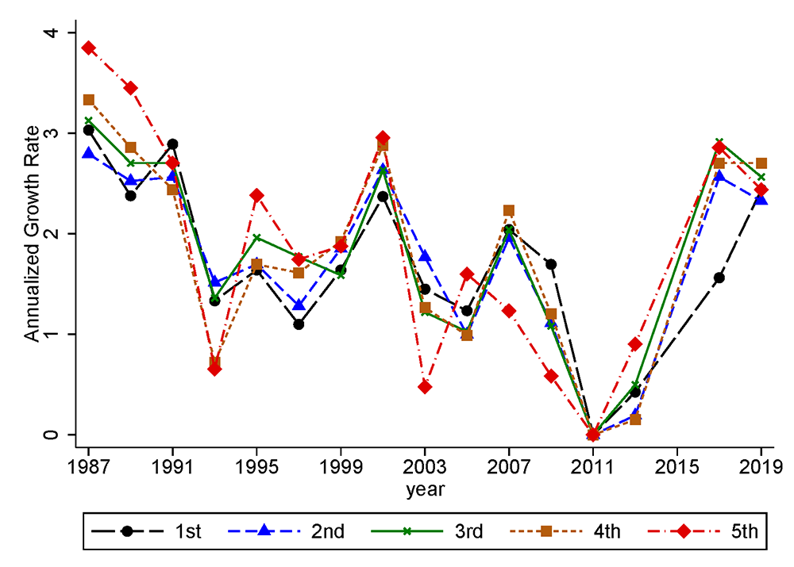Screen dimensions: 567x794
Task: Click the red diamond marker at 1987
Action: [89, 48]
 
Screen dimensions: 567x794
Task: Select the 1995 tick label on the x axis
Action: [256, 465]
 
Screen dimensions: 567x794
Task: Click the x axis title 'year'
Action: [425, 489]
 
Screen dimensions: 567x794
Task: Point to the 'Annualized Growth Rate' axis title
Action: [31, 234]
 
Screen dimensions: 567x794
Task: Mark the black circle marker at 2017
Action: [719, 278]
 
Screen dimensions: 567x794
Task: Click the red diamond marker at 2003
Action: [425, 387]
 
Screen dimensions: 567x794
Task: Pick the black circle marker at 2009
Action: [551, 264]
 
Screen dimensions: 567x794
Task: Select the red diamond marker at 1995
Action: [256, 195]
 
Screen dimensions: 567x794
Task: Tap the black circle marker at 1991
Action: [172, 144]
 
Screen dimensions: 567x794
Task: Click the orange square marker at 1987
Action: [89, 100]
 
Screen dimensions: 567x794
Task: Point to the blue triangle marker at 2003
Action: [425, 256]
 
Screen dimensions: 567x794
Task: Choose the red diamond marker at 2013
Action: [635, 344]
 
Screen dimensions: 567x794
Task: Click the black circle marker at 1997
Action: [299, 324]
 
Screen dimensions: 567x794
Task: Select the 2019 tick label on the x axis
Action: [761, 465]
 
